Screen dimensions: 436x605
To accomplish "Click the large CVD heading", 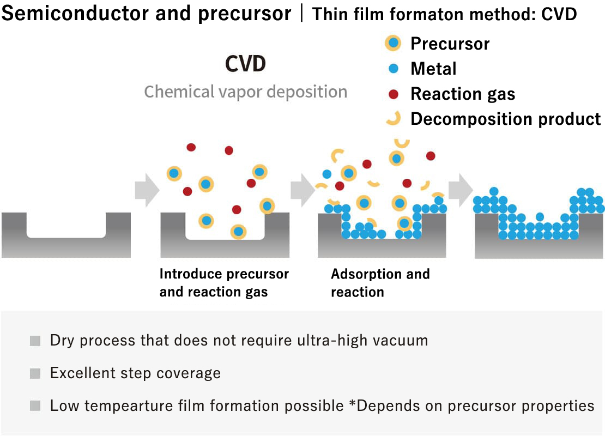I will tap(245, 64).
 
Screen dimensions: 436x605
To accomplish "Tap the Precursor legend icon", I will tap(392, 43).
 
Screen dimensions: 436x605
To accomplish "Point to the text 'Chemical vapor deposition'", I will tap(245, 92).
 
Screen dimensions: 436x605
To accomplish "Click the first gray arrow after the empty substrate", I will tap(147, 191).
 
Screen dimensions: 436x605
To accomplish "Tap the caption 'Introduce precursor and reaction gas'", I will tap(224, 282).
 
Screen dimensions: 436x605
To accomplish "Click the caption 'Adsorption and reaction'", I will tap(380, 282).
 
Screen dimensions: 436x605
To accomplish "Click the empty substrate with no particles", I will tap(66, 234).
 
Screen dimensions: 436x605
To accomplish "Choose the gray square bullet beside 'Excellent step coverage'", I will tap(35, 373).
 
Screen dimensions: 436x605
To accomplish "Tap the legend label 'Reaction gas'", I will tap(462, 94).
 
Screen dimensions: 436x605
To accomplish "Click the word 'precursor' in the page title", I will tap(245, 13).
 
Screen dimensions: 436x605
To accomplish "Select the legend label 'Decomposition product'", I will tap(505, 119).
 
